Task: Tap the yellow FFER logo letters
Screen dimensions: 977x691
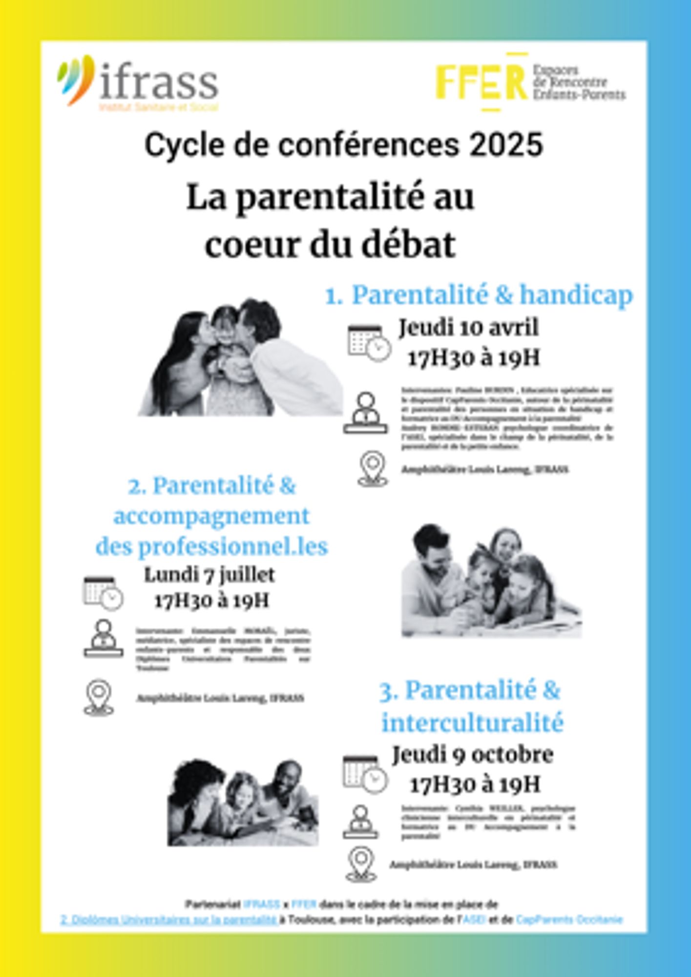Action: pos(481,82)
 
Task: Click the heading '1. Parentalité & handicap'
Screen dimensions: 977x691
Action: pos(479,295)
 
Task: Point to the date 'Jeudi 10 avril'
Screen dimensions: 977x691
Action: pos(468,327)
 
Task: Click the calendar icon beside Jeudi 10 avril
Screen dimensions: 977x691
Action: pos(369,342)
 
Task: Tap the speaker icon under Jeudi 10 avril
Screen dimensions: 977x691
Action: pos(365,413)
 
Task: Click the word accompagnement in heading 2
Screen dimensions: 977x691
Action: pos(211,516)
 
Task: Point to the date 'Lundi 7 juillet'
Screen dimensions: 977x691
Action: pos(209,574)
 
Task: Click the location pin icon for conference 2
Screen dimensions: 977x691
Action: pos(99,698)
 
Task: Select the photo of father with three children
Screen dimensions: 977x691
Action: pos(491,581)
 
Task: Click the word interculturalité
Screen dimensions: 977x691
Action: pos(472,723)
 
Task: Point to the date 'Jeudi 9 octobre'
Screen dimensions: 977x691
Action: pos(473,754)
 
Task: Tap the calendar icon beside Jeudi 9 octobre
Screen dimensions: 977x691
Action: pos(364,774)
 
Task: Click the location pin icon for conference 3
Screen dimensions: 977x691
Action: pos(361,864)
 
